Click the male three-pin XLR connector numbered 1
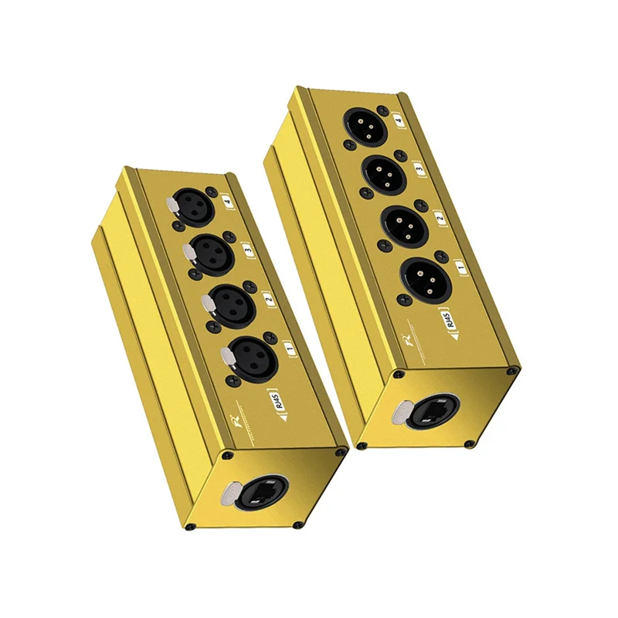421,274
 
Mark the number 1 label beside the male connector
461,267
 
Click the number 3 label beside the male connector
419,167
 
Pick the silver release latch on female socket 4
171,205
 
